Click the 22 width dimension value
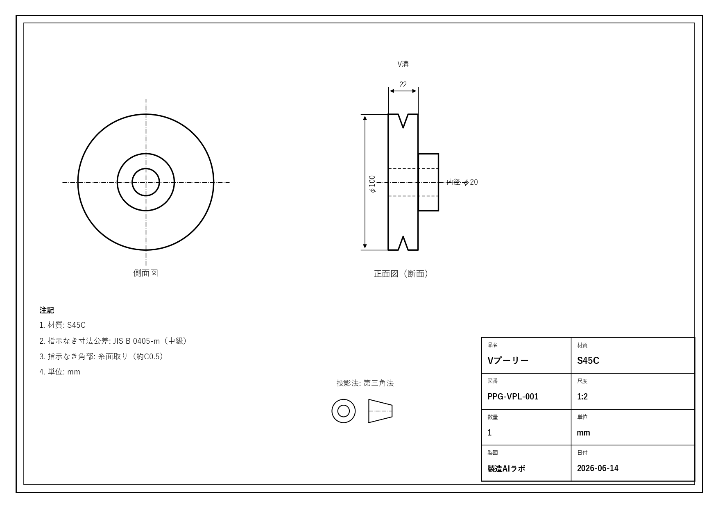(403, 84)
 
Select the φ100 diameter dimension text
(372, 184)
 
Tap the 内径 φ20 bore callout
(462, 182)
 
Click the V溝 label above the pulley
(403, 64)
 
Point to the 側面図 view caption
(145, 273)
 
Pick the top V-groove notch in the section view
(403, 121)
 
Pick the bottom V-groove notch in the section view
(403, 243)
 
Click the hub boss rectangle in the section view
(428, 154)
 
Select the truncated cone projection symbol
(380, 411)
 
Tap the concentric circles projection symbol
(343, 399)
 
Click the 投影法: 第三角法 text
(365, 383)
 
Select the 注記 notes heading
(47, 310)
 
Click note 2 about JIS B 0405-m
(114, 341)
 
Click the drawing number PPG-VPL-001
(513, 397)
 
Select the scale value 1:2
(582, 397)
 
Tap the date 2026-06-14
(598, 468)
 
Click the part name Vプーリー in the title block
(508, 361)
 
